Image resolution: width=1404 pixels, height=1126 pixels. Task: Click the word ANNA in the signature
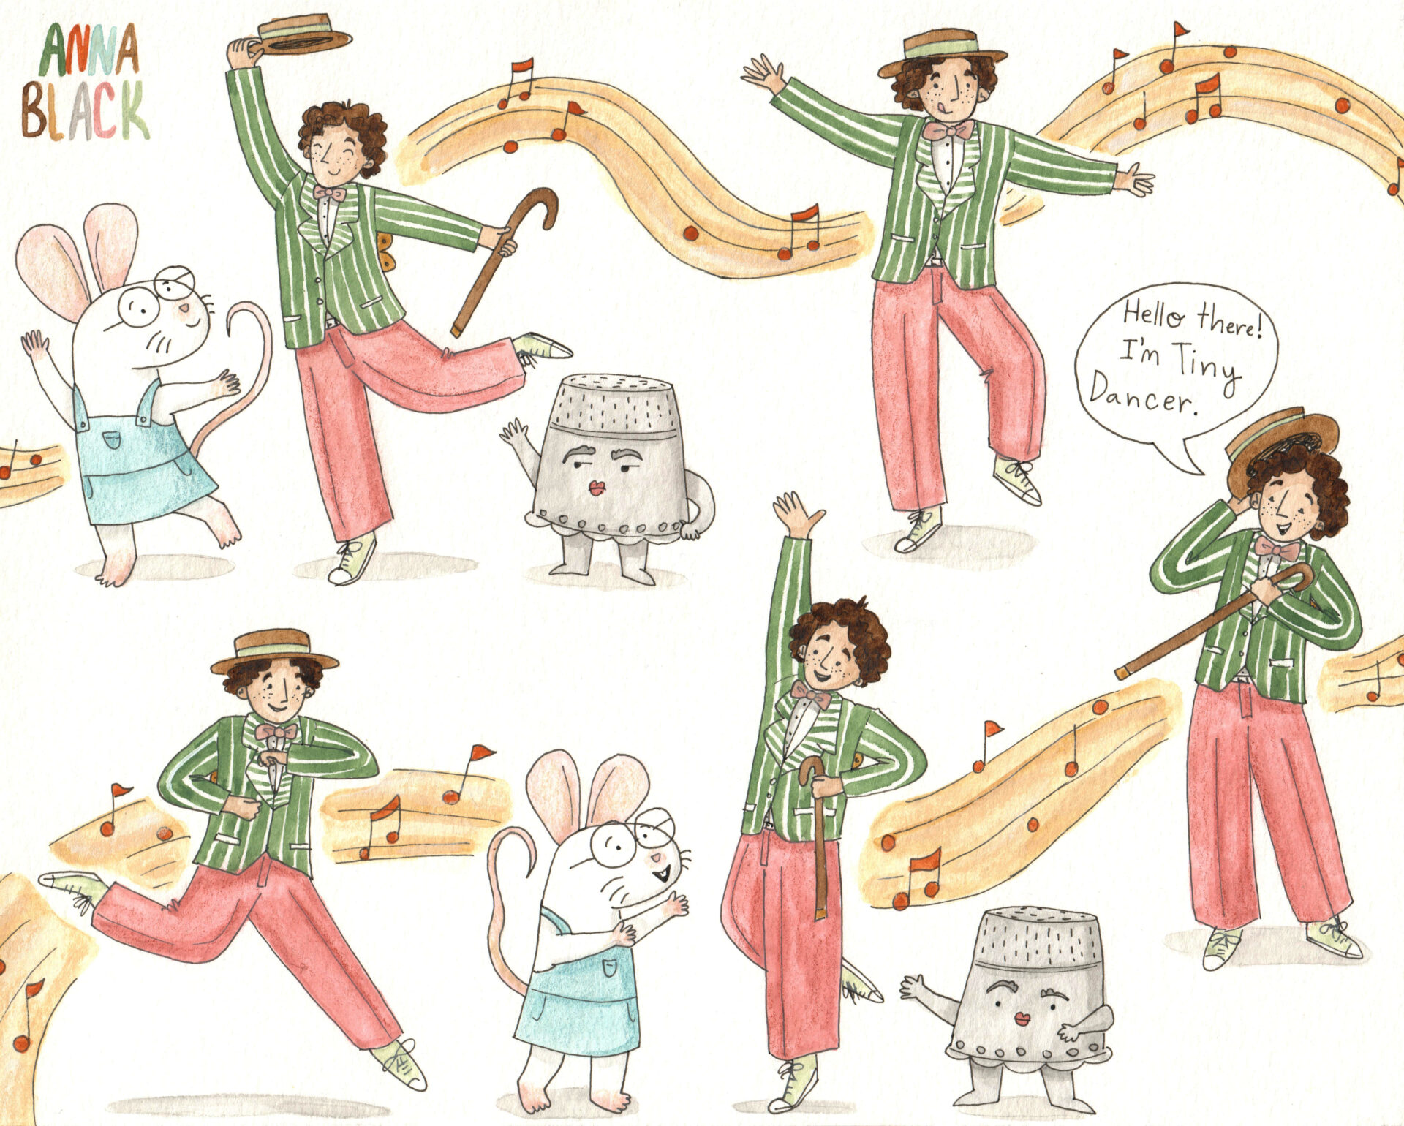(88, 50)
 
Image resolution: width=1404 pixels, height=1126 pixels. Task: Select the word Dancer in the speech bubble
(1144, 393)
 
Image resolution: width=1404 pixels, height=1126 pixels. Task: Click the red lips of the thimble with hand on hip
(596, 487)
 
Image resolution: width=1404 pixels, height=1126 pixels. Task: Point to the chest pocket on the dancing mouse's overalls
(112, 439)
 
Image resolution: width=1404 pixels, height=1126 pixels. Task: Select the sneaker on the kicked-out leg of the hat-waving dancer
(542, 346)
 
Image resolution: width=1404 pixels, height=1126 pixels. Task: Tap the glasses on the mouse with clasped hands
(633, 836)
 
